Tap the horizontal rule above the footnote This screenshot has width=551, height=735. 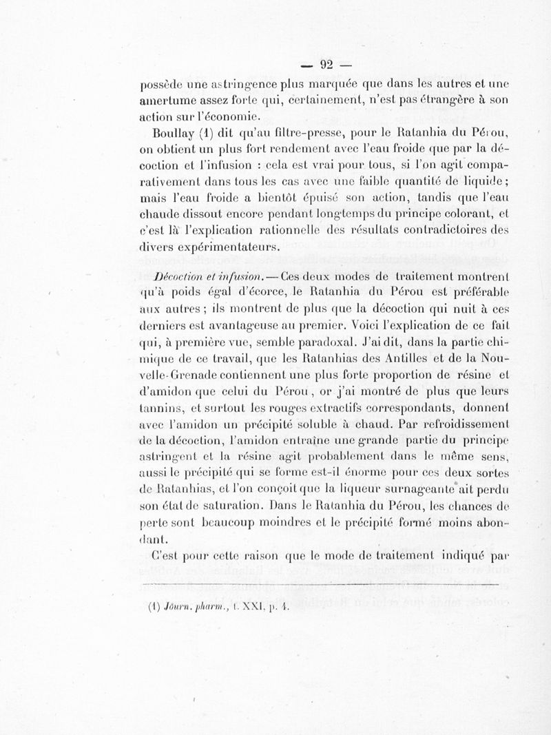click(318, 584)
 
